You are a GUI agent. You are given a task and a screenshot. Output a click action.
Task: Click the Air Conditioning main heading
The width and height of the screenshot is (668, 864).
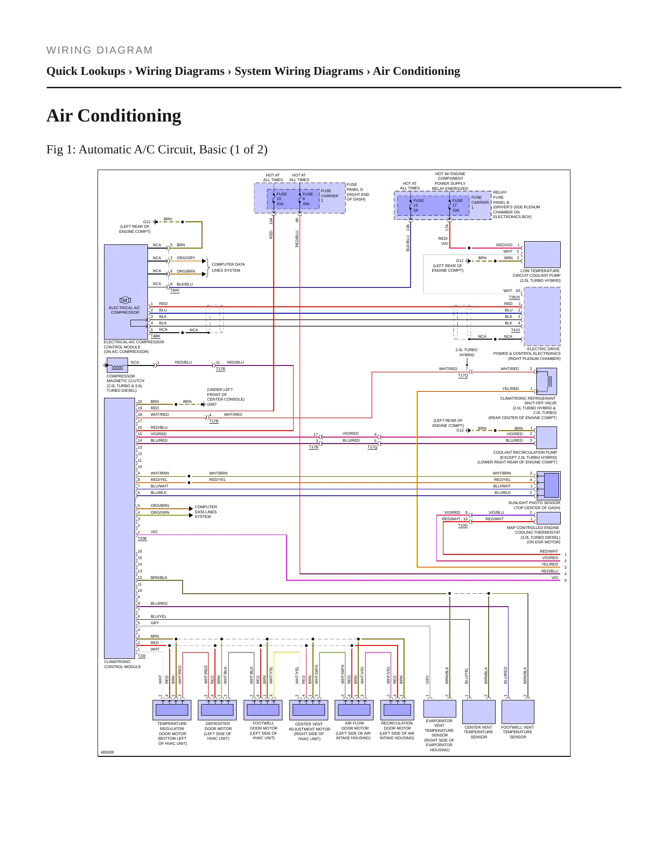(x=114, y=116)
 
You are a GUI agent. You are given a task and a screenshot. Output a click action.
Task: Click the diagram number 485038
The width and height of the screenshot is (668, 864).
(x=107, y=752)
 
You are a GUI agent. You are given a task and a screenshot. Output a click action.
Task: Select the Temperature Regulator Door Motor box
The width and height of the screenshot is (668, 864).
(x=172, y=710)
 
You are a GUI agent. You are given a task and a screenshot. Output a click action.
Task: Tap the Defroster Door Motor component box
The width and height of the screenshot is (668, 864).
(x=217, y=710)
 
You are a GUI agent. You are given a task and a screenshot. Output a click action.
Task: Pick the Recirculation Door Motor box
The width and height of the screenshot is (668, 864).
(x=397, y=710)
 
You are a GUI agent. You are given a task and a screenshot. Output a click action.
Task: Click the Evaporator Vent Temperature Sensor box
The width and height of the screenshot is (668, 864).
(x=440, y=709)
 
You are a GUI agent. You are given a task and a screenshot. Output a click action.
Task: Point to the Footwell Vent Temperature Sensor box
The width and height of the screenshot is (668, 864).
(x=518, y=712)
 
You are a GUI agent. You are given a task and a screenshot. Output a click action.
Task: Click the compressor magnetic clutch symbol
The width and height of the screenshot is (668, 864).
(x=117, y=365)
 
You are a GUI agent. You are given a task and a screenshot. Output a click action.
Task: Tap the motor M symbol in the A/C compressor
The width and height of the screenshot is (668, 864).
(x=125, y=300)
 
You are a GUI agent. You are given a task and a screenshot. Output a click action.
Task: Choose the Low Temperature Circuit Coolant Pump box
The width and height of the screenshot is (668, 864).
(x=542, y=255)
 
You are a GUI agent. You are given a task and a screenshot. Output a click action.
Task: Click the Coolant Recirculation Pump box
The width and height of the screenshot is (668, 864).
(x=546, y=437)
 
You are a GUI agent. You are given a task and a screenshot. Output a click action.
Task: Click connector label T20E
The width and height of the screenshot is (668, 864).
(x=142, y=538)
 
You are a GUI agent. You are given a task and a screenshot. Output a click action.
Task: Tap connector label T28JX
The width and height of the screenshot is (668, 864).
(x=515, y=297)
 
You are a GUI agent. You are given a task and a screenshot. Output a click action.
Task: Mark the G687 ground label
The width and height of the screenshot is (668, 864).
(x=212, y=404)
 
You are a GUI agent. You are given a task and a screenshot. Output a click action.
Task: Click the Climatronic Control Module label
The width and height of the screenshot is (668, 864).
(x=123, y=664)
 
